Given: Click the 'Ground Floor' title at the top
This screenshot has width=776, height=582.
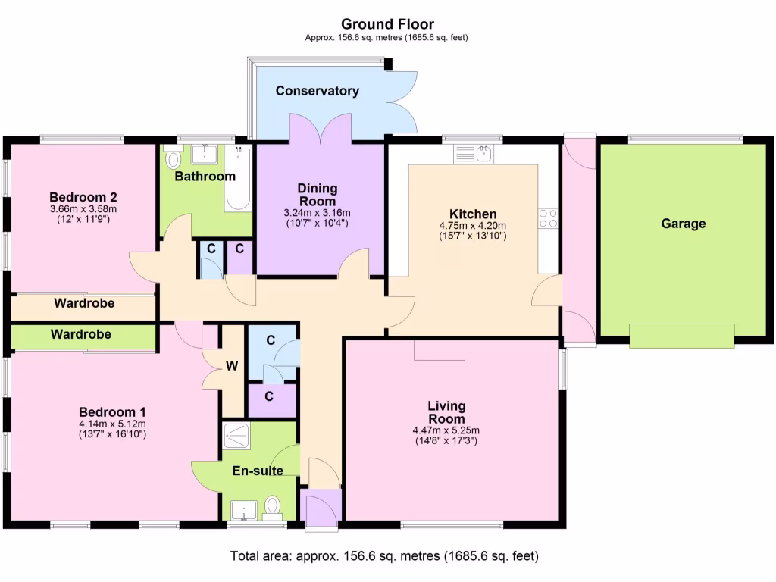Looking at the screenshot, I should tap(387, 24).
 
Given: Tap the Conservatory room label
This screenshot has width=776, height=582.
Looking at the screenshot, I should tap(317, 91).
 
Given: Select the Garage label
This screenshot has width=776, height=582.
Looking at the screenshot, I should tap(683, 224).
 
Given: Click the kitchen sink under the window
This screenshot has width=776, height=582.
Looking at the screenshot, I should tap(473, 155).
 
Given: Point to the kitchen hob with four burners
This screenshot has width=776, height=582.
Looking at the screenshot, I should tap(548, 218).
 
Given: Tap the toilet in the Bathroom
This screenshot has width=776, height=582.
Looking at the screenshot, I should tap(174, 158).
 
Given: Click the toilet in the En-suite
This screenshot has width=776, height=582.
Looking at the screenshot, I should tap(273, 507).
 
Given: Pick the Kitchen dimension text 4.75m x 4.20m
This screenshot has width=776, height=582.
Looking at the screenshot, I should tap(472, 226).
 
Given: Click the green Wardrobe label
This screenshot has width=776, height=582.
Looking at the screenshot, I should tap(81, 334).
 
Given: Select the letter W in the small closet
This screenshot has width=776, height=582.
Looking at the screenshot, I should tap(232, 367).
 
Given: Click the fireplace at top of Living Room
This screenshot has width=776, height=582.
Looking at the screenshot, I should tap(440, 349).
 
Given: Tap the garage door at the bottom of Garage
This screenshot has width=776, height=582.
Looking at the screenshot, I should tap(682, 336).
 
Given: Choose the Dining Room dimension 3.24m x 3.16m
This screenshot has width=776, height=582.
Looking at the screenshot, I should tap(317, 214).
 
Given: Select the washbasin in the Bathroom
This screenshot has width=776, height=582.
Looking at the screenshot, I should tap(205, 154).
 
